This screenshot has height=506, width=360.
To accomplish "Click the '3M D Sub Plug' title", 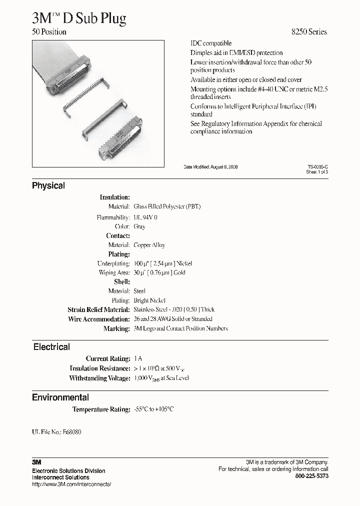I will pos(79,18).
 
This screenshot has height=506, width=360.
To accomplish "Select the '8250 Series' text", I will pos(309,32).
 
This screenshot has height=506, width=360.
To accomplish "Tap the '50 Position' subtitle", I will pos(49,32).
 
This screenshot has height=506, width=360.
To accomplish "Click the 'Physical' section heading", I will pos(48,185).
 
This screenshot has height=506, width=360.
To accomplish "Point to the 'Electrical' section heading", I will pos(51,346).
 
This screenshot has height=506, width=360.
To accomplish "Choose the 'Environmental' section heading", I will pos(60,397).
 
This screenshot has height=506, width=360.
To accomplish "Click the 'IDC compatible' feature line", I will pos(211,43).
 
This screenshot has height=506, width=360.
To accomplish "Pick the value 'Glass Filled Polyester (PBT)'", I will pos(167,206).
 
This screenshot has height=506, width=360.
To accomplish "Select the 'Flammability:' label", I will pos(113,217).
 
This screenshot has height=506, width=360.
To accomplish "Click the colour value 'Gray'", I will pos(139,226).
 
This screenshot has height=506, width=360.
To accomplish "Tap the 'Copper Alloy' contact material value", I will pos(149,245).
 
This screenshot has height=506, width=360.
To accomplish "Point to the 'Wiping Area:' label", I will pos(114,272).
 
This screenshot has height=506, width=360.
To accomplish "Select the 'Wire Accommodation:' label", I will pos(98,319).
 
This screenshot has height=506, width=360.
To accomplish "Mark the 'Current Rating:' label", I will pos(107,358).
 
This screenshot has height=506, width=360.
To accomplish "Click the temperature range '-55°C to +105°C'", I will pos(154,409).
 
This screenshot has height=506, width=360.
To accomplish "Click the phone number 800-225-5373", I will pos(312,476).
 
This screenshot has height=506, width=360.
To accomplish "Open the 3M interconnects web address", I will pos(71,484).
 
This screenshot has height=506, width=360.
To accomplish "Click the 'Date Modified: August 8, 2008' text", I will pos(210,166).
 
